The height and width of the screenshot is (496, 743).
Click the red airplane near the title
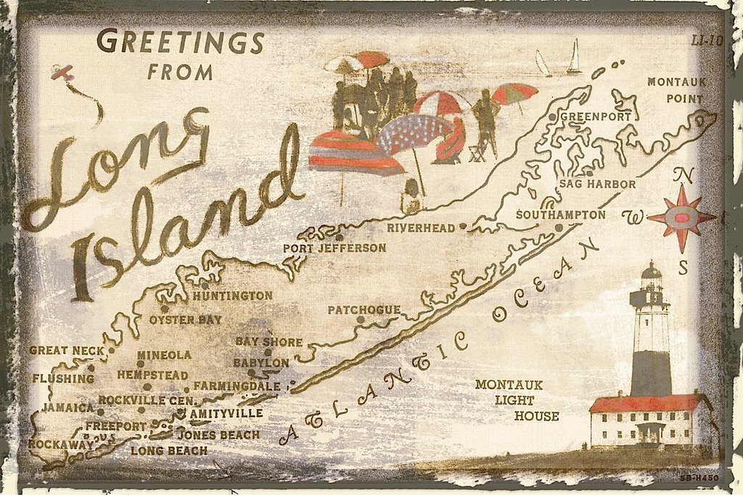coord(63,73)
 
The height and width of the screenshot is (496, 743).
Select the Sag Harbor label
coord(597,184)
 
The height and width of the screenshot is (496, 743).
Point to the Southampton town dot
coord(559,228)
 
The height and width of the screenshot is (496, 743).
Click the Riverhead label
coord(421,227)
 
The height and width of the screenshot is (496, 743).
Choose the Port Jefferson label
coord(334,248)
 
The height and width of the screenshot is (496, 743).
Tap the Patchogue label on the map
coord(364,310)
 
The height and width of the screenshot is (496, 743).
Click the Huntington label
coord(232,296)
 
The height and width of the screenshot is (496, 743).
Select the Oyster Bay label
coord(186,320)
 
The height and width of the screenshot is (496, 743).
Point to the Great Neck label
coord(66,350)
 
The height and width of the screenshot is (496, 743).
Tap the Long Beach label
coord(168,450)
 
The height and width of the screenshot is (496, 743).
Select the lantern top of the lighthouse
coord(651,276)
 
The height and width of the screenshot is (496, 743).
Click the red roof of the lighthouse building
coord(642,403)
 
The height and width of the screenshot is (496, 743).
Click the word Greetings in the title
coord(179,42)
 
